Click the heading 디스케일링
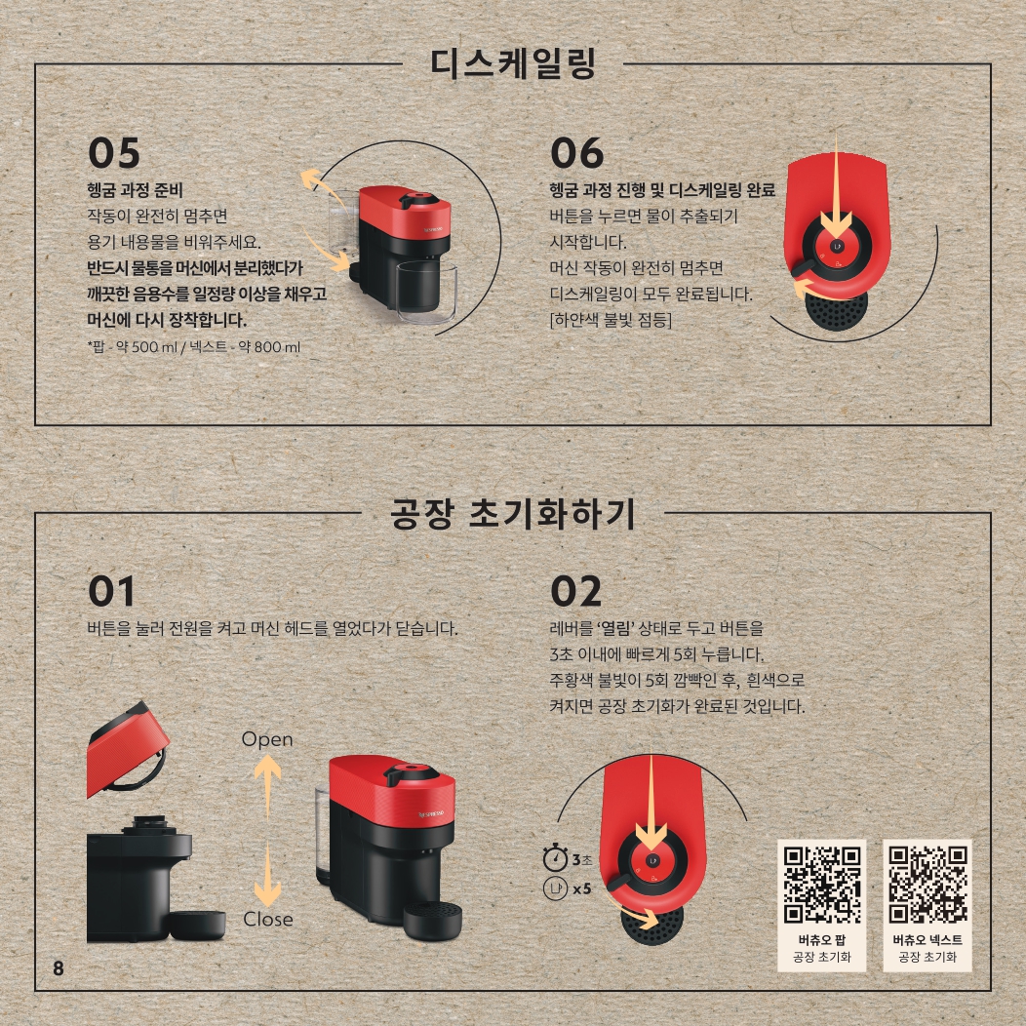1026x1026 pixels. (513, 63)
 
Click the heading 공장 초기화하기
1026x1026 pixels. (513, 513)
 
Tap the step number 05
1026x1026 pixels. (114, 153)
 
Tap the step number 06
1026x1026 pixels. (576, 153)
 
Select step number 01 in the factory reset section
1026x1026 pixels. (111, 591)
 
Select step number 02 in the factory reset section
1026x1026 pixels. (575, 591)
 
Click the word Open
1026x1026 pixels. (267, 739)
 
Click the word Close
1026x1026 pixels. (267, 919)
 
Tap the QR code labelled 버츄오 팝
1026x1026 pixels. (822, 885)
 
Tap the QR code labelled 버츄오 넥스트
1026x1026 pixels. (927, 885)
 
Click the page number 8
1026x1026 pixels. (59, 967)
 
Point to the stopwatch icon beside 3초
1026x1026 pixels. (555, 858)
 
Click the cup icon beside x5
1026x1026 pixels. (556, 888)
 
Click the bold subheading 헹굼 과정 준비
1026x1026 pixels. (135, 190)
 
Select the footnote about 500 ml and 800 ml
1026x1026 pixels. (194, 347)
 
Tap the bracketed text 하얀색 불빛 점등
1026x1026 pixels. (611, 320)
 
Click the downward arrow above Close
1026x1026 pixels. (267, 876)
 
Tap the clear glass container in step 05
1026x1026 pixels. (426, 292)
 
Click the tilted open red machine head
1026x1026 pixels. (128, 749)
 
